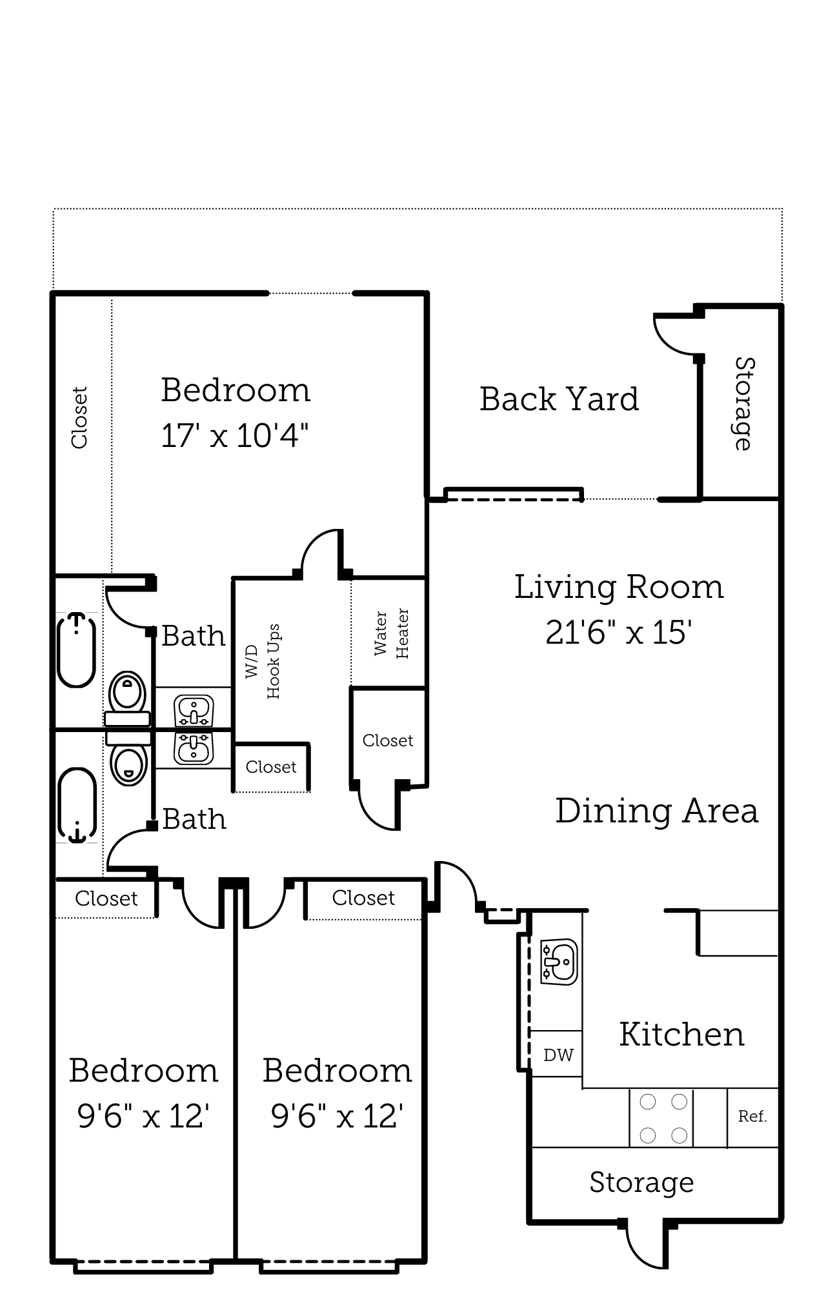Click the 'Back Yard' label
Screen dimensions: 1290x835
[x=559, y=399]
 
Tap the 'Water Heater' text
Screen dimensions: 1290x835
[x=391, y=633]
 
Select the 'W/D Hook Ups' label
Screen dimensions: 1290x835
[x=263, y=661]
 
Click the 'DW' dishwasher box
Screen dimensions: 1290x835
[x=558, y=1055]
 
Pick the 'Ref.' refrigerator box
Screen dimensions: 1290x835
[x=752, y=1116]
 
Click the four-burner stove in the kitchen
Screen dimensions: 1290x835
[x=662, y=1118]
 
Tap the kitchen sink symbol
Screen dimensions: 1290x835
[x=559, y=962]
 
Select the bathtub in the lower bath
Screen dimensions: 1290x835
[x=77, y=806]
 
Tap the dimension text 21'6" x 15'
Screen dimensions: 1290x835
[x=618, y=633]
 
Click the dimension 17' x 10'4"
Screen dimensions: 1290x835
[x=234, y=436]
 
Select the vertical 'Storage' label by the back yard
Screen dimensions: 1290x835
[x=744, y=404]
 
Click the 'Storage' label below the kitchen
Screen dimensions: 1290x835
[x=641, y=1183]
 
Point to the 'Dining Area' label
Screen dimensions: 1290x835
[x=656, y=811]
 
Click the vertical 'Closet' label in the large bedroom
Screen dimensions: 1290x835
[x=79, y=417]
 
